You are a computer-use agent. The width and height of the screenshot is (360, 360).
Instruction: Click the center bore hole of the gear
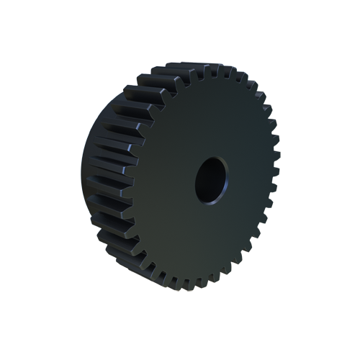pos(210,179)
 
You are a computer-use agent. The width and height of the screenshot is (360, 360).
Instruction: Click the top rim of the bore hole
pos(211,158)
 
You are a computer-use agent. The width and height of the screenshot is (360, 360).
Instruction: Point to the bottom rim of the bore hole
pos(209,202)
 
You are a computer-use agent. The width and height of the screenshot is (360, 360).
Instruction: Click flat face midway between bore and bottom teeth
pos(205,241)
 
